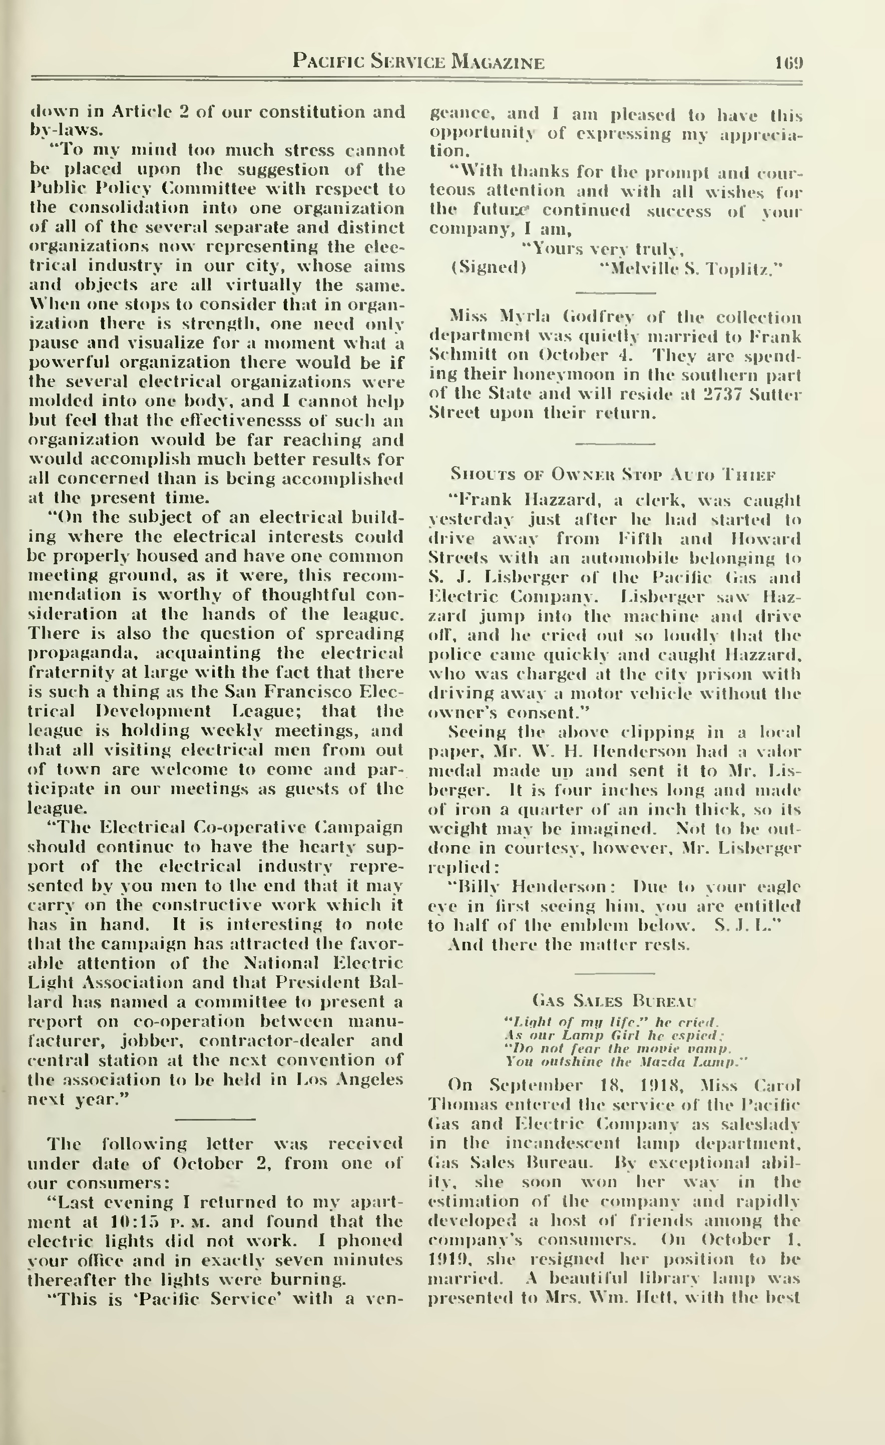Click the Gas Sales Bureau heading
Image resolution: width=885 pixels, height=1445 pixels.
coord(615,1000)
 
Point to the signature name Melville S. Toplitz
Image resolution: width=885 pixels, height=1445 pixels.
coord(692,269)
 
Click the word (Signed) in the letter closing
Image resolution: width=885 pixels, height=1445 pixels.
coord(488,268)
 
